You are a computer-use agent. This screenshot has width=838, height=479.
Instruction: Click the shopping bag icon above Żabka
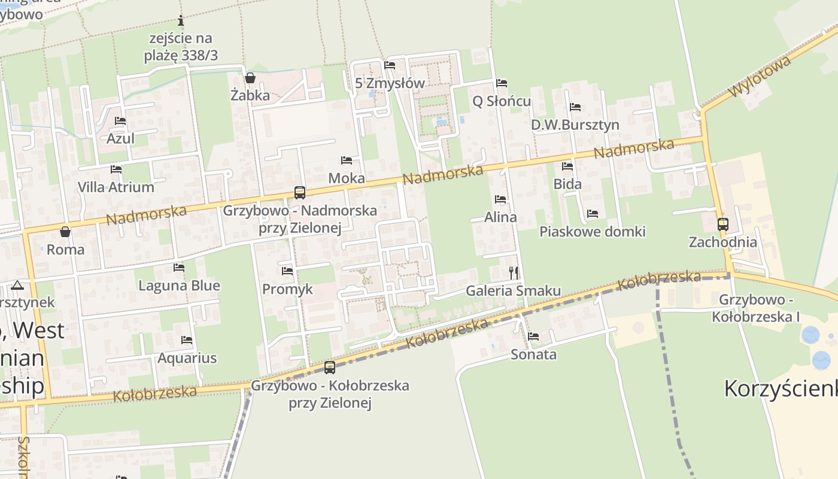coord(250,78)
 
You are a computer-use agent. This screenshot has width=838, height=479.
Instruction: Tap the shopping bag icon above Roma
coord(65,232)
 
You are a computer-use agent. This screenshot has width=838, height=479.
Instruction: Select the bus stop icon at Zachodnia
coord(723,225)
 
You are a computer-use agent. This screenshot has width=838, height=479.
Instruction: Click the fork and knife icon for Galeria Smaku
coord(514,273)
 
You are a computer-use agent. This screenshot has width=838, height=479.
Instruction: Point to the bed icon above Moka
coord(347,160)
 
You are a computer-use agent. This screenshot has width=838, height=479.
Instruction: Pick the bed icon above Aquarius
coord(187,340)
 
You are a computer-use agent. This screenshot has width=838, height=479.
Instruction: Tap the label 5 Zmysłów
coord(390,83)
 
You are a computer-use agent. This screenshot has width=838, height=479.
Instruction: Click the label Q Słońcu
coord(502,101)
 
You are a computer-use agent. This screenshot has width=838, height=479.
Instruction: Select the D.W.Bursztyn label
coord(575,125)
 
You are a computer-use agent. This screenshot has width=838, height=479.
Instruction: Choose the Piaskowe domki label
coord(593,231)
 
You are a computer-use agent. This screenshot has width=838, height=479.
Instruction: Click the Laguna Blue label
coord(179,286)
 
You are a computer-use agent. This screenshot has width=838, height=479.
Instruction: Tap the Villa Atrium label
coord(116,187)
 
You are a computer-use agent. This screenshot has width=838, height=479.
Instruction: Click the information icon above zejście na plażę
coord(181,21)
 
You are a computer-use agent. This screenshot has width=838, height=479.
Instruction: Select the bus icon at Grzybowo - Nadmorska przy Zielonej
coord(300,193)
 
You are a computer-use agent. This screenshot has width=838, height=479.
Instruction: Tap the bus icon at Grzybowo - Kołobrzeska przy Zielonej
coord(330,368)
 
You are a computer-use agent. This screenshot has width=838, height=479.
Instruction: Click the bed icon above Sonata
coord(533,336)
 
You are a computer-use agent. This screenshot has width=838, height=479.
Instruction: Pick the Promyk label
coord(287,289)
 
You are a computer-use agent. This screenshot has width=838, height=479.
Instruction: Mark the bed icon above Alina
coord(500,199)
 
